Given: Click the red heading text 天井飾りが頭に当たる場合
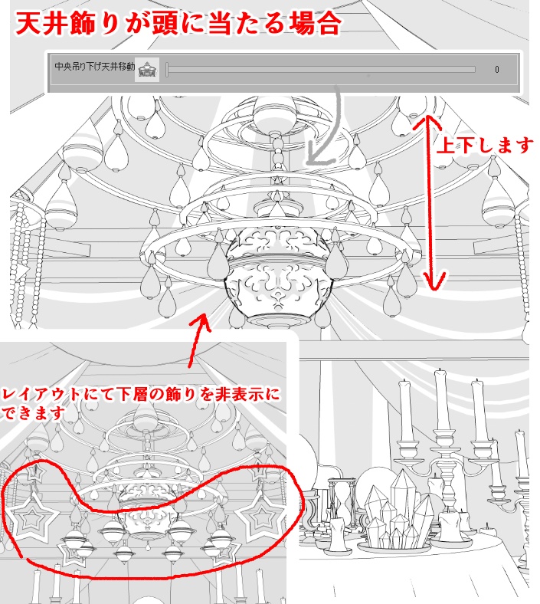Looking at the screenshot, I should [x=177, y=23].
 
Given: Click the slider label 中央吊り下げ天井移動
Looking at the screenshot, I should [x=94, y=68].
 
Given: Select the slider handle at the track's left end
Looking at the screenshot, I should [x=167, y=69].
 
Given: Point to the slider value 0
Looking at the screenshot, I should [x=496, y=70].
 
